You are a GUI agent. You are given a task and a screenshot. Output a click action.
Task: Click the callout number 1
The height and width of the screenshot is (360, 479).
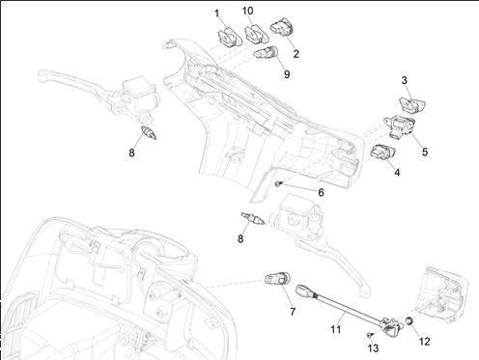(x=217, y=14)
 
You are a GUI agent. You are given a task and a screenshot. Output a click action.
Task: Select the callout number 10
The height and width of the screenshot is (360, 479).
(x=247, y=11)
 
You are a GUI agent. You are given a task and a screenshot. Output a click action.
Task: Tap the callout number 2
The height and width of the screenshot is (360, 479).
(x=296, y=54)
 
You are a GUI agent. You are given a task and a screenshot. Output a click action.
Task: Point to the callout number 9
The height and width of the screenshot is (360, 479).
(x=287, y=74)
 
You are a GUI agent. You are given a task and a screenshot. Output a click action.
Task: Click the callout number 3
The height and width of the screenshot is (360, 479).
(x=405, y=80)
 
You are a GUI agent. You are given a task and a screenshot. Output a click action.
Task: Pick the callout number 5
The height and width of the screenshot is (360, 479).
(x=425, y=152)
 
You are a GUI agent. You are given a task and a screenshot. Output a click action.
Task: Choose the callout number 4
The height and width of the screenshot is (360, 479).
(x=397, y=173)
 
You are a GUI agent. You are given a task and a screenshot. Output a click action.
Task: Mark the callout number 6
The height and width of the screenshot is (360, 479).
(x=321, y=193)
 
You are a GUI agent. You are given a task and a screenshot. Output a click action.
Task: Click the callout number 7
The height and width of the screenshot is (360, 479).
(x=293, y=312)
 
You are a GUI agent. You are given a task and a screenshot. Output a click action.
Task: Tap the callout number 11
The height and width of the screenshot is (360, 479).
(x=335, y=329)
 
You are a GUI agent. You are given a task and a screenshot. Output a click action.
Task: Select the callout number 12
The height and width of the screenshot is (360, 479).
(x=425, y=342)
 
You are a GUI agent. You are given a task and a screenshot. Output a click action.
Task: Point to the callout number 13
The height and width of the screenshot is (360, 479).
(x=373, y=348)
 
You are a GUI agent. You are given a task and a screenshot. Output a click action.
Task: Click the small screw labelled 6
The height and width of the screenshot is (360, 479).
(x=279, y=183)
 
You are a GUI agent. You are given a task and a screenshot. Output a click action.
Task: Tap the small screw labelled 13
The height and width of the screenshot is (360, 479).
(x=370, y=335)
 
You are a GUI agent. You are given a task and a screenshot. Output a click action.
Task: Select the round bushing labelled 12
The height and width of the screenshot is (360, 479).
(x=409, y=321)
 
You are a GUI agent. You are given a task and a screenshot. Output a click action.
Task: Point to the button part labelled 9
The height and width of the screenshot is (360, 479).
(x=268, y=52)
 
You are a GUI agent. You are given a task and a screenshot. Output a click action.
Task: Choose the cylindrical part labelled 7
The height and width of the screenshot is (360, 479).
(x=278, y=278)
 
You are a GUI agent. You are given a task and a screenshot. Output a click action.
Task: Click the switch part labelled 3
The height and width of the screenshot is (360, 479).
(x=411, y=105)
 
